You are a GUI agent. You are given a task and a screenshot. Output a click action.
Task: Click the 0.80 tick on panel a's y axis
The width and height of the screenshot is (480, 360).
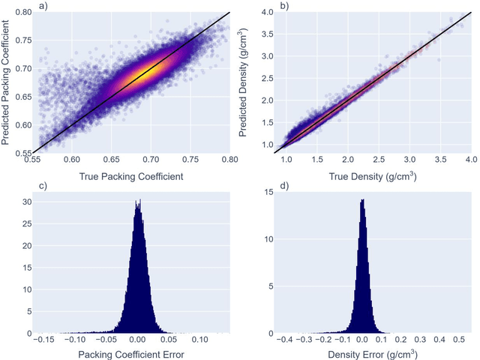(22, 13)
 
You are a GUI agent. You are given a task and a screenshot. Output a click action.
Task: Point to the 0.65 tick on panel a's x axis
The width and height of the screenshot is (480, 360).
(111, 160)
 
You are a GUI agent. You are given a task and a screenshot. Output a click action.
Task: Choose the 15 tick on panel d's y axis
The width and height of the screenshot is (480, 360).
(268, 193)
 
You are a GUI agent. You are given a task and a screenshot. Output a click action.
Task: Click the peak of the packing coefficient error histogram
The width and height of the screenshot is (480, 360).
(137, 201)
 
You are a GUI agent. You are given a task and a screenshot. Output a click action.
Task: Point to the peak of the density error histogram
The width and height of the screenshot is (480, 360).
(362, 200)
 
